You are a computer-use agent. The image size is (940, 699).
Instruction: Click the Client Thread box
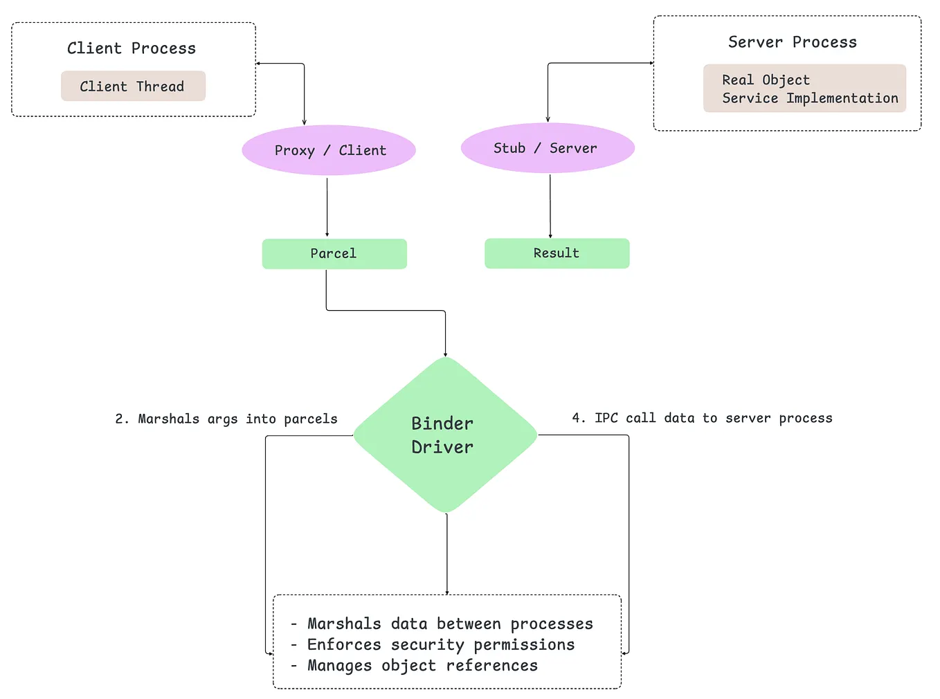click(x=133, y=87)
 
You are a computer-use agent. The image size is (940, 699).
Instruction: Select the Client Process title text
click(x=132, y=48)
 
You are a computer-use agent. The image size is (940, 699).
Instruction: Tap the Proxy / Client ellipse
click(x=329, y=150)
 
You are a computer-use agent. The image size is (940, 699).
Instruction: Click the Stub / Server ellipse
click(x=548, y=148)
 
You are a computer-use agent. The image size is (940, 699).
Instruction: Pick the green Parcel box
click(x=334, y=254)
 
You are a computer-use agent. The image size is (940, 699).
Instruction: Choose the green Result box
click(x=557, y=253)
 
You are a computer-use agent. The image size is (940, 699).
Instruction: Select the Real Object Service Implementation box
click(x=804, y=89)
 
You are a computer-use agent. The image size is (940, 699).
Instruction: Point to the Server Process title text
click(x=792, y=42)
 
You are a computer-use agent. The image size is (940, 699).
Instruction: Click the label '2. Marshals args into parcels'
click(x=226, y=419)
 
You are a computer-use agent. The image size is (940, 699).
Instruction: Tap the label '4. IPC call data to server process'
click(x=702, y=418)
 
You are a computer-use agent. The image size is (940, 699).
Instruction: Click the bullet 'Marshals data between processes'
click(x=450, y=624)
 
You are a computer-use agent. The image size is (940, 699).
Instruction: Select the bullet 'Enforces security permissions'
click(x=441, y=644)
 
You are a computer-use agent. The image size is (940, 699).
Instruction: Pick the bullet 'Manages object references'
click(x=422, y=665)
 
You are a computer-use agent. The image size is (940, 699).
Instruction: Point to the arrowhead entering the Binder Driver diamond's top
click(x=445, y=354)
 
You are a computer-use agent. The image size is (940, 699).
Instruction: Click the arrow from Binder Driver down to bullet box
click(x=447, y=554)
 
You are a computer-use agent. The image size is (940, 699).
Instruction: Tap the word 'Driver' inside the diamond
click(x=442, y=447)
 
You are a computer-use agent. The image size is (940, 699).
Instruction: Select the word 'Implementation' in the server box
click(x=842, y=98)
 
